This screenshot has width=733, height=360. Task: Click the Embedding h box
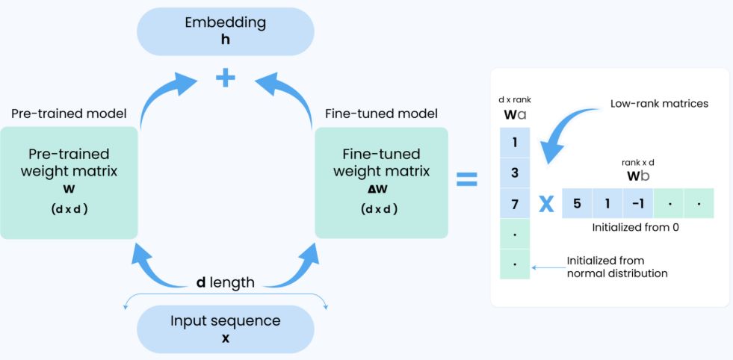(224, 31)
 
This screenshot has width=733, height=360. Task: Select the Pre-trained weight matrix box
(69, 182)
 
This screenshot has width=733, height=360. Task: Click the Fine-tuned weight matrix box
(381, 182)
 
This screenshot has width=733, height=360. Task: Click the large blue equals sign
(467, 179)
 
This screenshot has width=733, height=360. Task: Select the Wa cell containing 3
(514, 173)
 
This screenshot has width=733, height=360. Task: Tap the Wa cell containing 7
(514, 203)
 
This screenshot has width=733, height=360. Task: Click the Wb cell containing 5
(576, 203)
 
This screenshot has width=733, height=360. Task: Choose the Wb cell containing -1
(637, 203)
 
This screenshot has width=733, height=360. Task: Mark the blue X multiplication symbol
(546, 204)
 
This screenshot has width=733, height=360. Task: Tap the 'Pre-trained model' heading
(69, 114)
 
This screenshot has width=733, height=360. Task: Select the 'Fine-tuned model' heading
(381, 114)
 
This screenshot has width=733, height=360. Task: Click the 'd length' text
(225, 282)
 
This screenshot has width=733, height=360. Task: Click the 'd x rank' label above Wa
(514, 100)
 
